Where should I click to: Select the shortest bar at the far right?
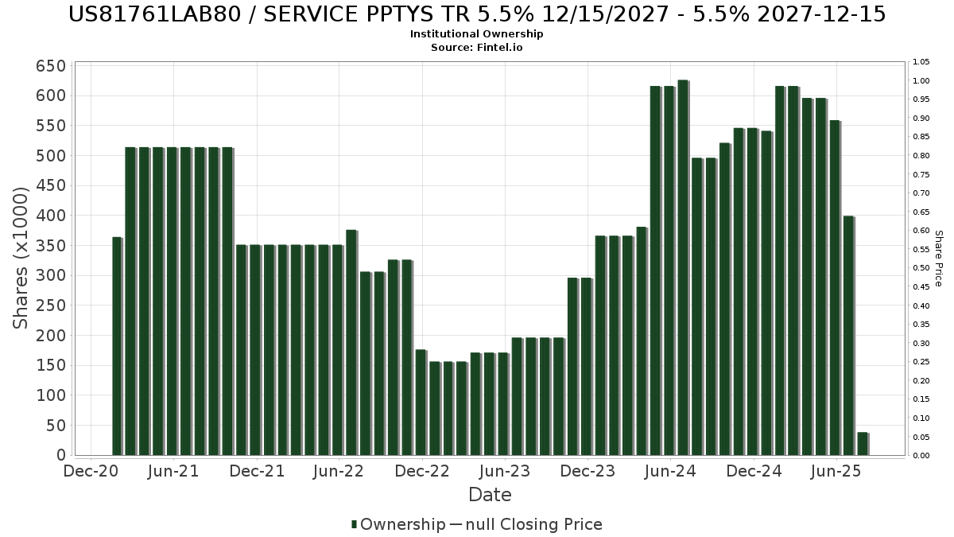862,444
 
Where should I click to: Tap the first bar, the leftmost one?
117,346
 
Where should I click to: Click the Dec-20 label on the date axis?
91,471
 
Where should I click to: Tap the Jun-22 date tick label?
339,471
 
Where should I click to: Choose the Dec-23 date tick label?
588,471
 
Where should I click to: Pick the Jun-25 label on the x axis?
836,471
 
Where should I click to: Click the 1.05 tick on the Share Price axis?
921,62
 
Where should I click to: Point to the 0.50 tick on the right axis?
921,268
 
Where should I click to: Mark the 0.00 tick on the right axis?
921,456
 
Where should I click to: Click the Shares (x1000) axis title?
21,258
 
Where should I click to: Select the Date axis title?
490,495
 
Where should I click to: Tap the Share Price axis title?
938,259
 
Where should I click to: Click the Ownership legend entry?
398,524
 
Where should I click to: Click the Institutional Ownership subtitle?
476,34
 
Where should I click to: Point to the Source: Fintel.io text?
476,48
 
